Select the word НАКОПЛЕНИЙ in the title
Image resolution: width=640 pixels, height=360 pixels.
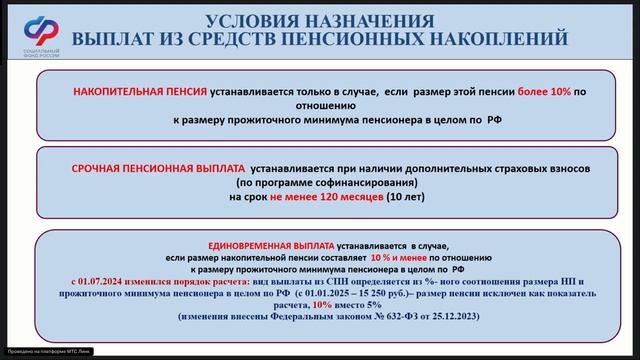click(500, 39)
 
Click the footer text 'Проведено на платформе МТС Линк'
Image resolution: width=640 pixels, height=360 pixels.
click(50, 354)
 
